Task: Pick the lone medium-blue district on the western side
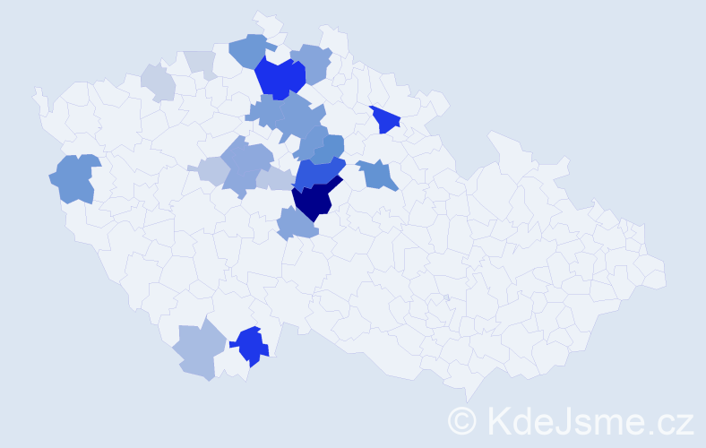(73, 177)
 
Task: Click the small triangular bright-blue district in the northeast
(385, 118)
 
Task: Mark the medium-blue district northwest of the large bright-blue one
(250, 50)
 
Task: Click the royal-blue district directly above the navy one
(318, 171)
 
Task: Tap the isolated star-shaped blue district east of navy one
(377, 174)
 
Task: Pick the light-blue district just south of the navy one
(297, 223)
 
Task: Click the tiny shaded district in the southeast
(446, 297)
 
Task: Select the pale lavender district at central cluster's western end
(211, 169)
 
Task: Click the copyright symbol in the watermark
(462, 420)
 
